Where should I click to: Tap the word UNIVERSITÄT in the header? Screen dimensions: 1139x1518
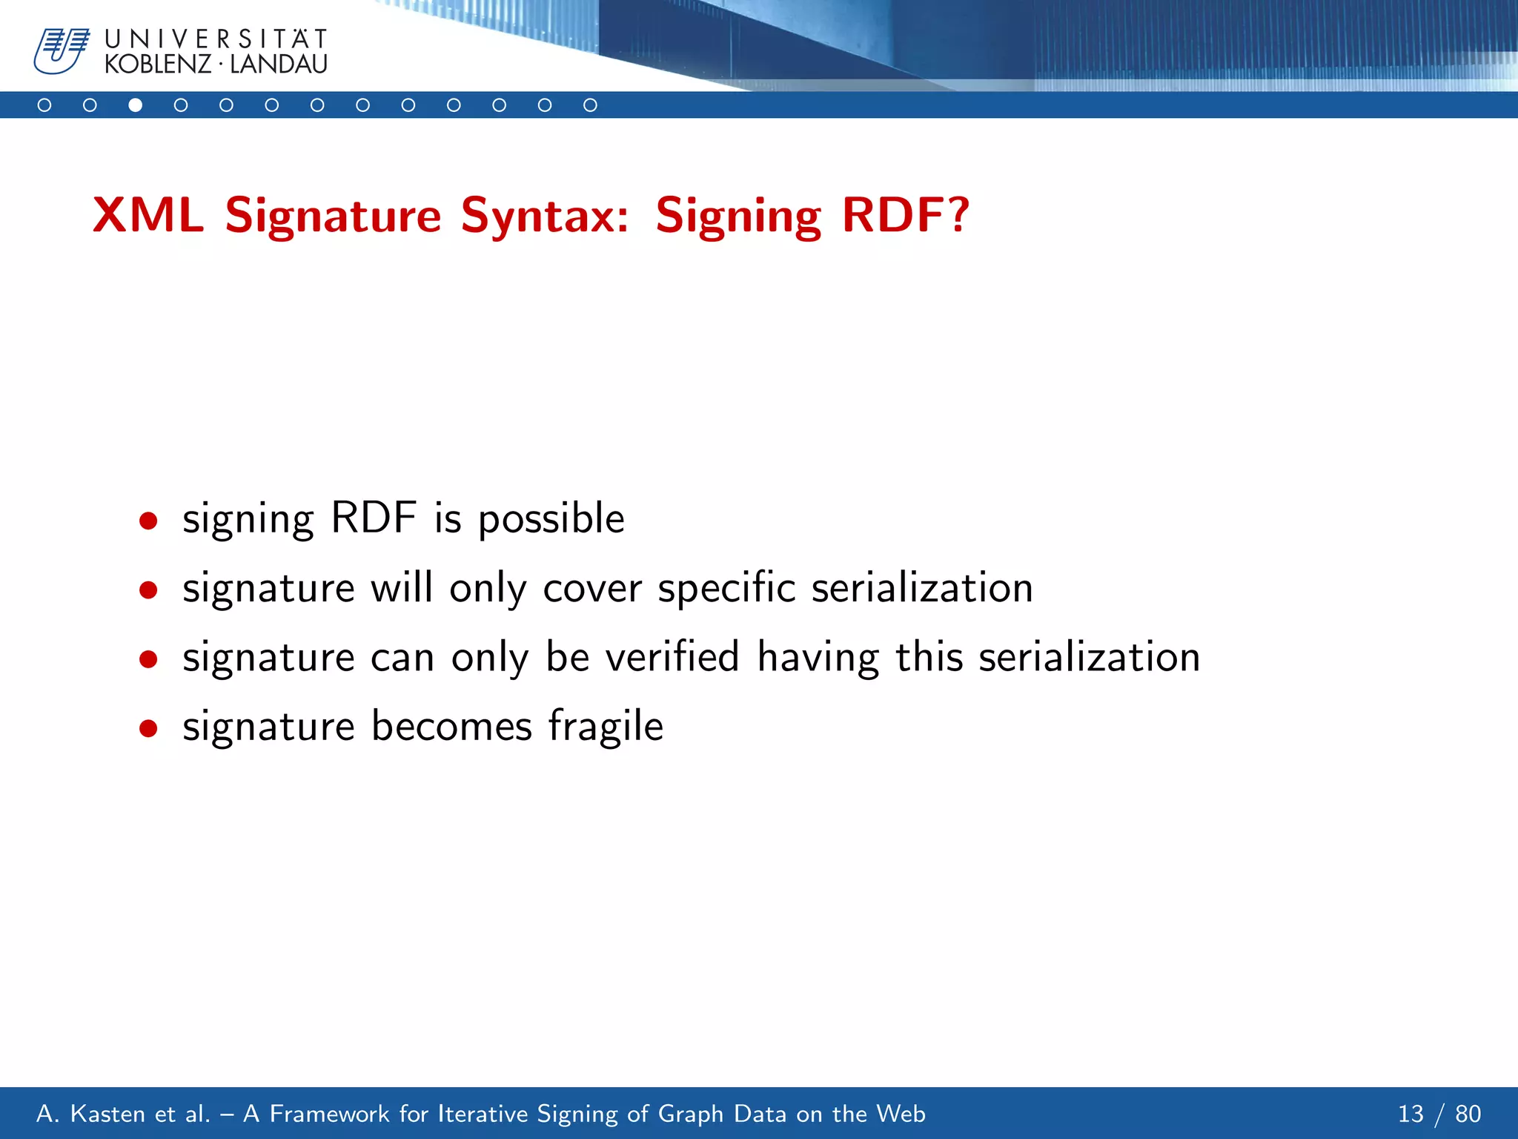pos(216,39)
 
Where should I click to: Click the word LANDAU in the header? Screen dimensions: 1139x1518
pos(279,65)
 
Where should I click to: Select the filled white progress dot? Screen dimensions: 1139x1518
pos(135,105)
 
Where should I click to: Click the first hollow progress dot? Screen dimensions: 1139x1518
pos(44,105)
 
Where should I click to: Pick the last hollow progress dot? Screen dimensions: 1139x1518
pos(590,105)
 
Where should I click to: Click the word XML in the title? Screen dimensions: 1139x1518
pos(148,215)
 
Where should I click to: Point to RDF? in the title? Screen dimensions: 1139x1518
pos(905,215)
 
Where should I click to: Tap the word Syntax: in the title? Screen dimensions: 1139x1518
pos(545,217)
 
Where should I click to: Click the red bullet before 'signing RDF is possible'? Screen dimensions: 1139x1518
pos(148,521)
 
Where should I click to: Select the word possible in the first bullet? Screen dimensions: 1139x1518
pos(551,519)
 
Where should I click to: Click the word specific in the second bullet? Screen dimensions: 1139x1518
pos(726,589)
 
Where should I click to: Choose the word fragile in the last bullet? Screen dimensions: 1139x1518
pos(606,727)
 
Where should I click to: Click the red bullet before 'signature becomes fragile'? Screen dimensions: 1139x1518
pos(148,728)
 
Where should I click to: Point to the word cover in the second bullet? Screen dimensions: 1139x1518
pos(592,589)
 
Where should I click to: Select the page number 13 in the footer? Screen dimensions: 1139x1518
pos(1411,1114)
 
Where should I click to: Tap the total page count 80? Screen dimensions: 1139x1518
pos(1468,1114)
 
